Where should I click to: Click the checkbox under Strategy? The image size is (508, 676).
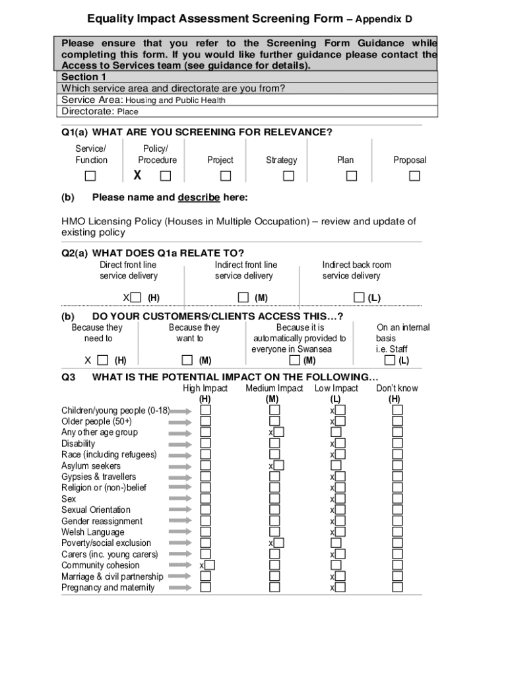(x=288, y=176)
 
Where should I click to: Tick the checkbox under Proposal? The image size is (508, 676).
(x=414, y=176)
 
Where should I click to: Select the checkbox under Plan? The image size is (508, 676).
(x=352, y=176)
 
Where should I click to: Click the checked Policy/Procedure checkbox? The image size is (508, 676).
(x=165, y=176)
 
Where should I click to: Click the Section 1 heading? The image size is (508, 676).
(x=84, y=77)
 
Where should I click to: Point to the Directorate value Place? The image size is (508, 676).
(x=128, y=112)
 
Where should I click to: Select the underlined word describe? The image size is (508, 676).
(x=199, y=197)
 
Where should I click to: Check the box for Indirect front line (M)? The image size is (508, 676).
(x=243, y=298)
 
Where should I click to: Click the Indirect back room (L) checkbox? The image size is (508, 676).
(x=359, y=298)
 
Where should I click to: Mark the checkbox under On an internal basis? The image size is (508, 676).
(x=390, y=360)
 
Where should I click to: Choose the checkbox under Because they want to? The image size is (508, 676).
(x=187, y=360)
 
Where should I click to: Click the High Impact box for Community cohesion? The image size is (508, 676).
(x=210, y=566)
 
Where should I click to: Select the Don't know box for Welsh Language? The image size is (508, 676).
(x=397, y=532)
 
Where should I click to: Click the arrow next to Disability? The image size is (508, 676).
(x=180, y=444)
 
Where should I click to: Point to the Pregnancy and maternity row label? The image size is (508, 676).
(x=108, y=588)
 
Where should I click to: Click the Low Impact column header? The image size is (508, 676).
(x=336, y=388)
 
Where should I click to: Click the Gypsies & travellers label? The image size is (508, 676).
(x=99, y=477)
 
